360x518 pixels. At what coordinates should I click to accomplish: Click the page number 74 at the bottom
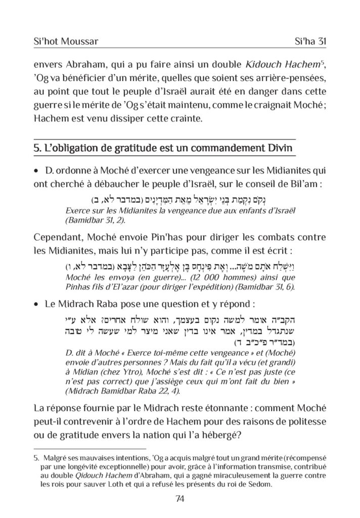tap(180, 499)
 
